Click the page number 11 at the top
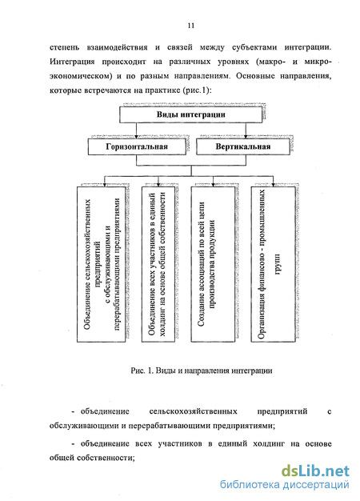pyautogui.click(x=191, y=26)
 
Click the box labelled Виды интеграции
pyautogui.click(x=190, y=114)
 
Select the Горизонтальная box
pyautogui.click(x=137, y=146)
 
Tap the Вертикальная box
pyautogui.click(x=243, y=146)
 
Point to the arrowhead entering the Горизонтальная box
pyautogui.click(x=136, y=137)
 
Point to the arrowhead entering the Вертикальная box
pyautogui.click(x=246, y=137)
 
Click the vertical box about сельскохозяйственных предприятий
pyautogui.click(x=102, y=264)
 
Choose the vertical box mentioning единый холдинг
pyautogui.click(x=158, y=264)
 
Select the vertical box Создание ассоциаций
pyautogui.click(x=213, y=264)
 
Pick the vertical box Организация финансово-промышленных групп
pyautogui.click(x=273, y=264)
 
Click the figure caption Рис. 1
pyautogui.click(x=202, y=371)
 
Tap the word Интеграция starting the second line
pyautogui.click(x=72, y=62)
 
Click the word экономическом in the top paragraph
pyautogui.click(x=79, y=76)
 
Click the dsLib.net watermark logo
pyautogui.click(x=315, y=471)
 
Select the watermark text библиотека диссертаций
pyautogui.click(x=284, y=485)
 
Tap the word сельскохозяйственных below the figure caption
pyautogui.click(x=194, y=411)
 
